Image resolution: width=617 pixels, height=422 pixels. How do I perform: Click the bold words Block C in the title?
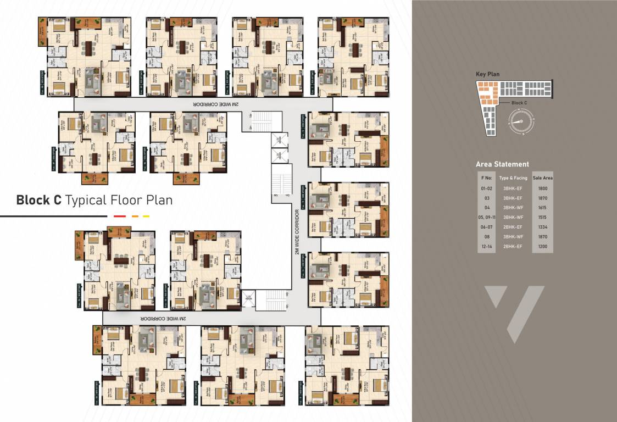[38, 200]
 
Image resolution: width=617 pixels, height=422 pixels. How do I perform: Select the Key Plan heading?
[487, 74]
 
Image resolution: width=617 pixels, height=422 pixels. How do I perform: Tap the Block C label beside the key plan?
[519, 103]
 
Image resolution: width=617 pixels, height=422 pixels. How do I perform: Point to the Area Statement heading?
[502, 164]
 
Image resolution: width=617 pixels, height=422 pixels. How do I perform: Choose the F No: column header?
[487, 178]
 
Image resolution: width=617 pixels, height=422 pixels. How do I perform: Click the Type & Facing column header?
[513, 178]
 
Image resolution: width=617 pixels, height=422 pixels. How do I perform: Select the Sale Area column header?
[542, 178]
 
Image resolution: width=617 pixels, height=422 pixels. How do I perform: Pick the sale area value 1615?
[542, 207]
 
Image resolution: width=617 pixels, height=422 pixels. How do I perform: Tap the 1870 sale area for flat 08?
[542, 236]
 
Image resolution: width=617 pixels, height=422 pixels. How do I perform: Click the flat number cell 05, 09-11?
[487, 217]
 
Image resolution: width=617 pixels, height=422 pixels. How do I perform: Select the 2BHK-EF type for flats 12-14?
[513, 246]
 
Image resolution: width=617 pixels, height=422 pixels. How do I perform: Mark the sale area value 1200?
[542, 246]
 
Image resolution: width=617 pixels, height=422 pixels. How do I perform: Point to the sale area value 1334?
[542, 227]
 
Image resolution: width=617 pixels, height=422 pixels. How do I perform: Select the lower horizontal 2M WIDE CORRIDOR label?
[164, 318]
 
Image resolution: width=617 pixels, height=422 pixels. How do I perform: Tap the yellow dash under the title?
[146, 216]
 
